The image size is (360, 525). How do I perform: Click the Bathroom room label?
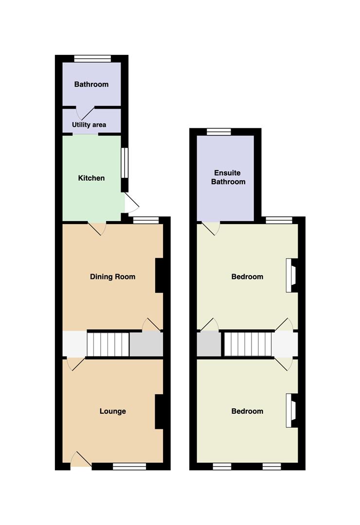pos(91,85)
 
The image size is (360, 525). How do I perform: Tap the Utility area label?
pos(89,125)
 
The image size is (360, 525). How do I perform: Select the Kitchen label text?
pos(91,178)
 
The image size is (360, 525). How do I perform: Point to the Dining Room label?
pos(113,277)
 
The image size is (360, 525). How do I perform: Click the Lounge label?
pos(113,411)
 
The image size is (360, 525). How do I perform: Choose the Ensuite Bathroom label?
pos(228,177)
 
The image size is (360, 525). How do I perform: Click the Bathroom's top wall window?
pos(92,59)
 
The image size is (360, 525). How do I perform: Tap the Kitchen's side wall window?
pos(125,163)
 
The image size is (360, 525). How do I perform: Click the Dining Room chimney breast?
pos(159,276)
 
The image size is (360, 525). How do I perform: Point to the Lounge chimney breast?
pos(159,412)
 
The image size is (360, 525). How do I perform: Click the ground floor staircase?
pos(108,344)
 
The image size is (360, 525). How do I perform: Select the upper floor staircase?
pos(247,344)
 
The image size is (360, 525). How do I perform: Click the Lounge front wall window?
pos(129,466)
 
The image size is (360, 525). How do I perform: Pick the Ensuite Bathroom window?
pos(219,132)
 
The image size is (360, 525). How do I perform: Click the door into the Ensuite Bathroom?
pos(211,227)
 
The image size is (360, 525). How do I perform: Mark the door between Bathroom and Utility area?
pos(86,113)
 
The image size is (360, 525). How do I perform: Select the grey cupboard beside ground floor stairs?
pos(146,344)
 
